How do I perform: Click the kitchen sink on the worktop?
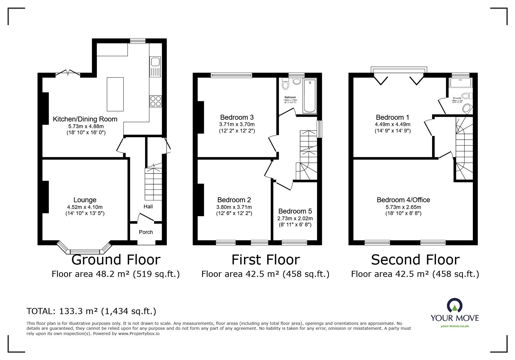(155, 62)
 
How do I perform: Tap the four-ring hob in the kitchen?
(156, 101)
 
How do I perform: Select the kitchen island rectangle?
(115, 94)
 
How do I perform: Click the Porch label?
(146, 232)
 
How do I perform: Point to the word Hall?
(148, 207)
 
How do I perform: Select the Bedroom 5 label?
(295, 211)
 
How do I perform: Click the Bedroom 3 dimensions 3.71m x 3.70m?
(237, 124)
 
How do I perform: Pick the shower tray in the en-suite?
(461, 83)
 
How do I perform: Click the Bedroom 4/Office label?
(403, 200)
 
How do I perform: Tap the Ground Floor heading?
(116, 259)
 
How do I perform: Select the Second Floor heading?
(415, 259)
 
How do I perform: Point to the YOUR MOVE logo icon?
(455, 306)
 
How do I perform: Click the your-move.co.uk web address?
(455, 326)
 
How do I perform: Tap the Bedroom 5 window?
(294, 242)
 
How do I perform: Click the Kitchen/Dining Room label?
(85, 119)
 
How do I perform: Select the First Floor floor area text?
(265, 274)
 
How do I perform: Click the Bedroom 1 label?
(392, 117)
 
